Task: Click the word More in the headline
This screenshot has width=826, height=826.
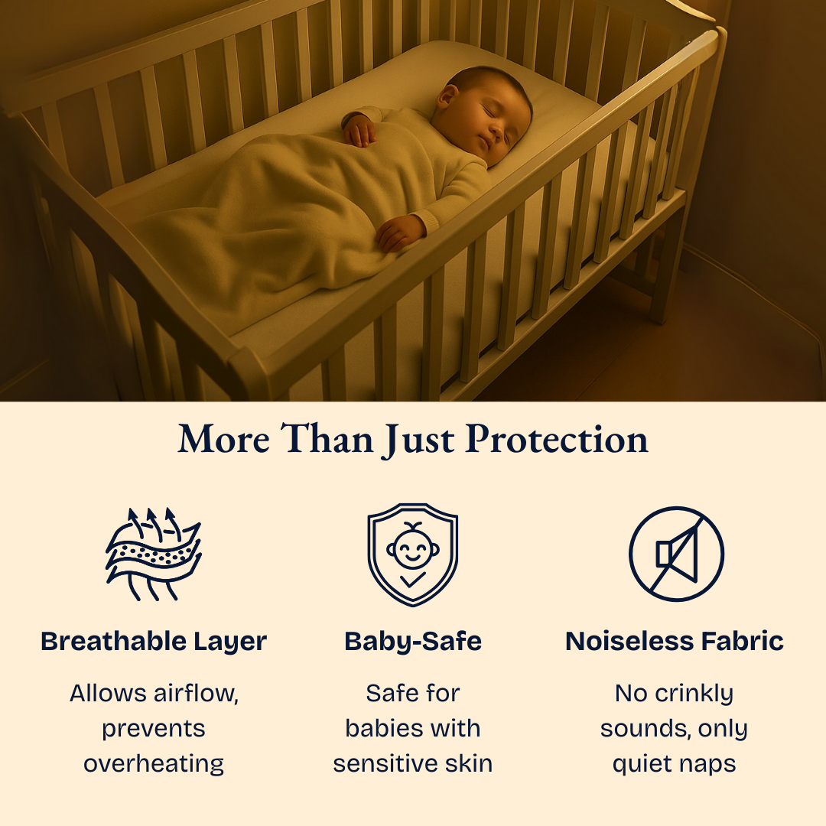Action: tap(223, 439)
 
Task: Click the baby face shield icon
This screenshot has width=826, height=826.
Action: tap(412, 554)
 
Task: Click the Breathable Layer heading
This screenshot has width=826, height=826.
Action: tap(154, 641)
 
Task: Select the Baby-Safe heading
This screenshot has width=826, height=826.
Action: tap(413, 641)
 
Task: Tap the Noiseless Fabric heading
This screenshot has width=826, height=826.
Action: tap(675, 641)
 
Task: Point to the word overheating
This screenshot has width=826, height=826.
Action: tap(154, 763)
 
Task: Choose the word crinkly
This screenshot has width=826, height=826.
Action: tap(691, 694)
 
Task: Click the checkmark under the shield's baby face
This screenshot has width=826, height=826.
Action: tap(413, 580)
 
